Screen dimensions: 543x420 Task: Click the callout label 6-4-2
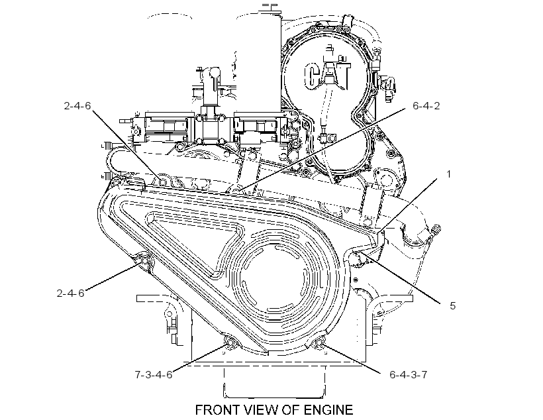tap(426, 106)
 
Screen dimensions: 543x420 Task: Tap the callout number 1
tap(449, 174)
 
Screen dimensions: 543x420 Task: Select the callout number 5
tap(453, 305)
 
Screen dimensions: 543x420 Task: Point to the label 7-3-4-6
tap(154, 374)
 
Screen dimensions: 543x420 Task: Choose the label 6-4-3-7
tap(409, 374)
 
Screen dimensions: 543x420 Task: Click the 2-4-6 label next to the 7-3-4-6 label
tap(71, 293)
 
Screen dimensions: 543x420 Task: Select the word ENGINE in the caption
tap(328, 410)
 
